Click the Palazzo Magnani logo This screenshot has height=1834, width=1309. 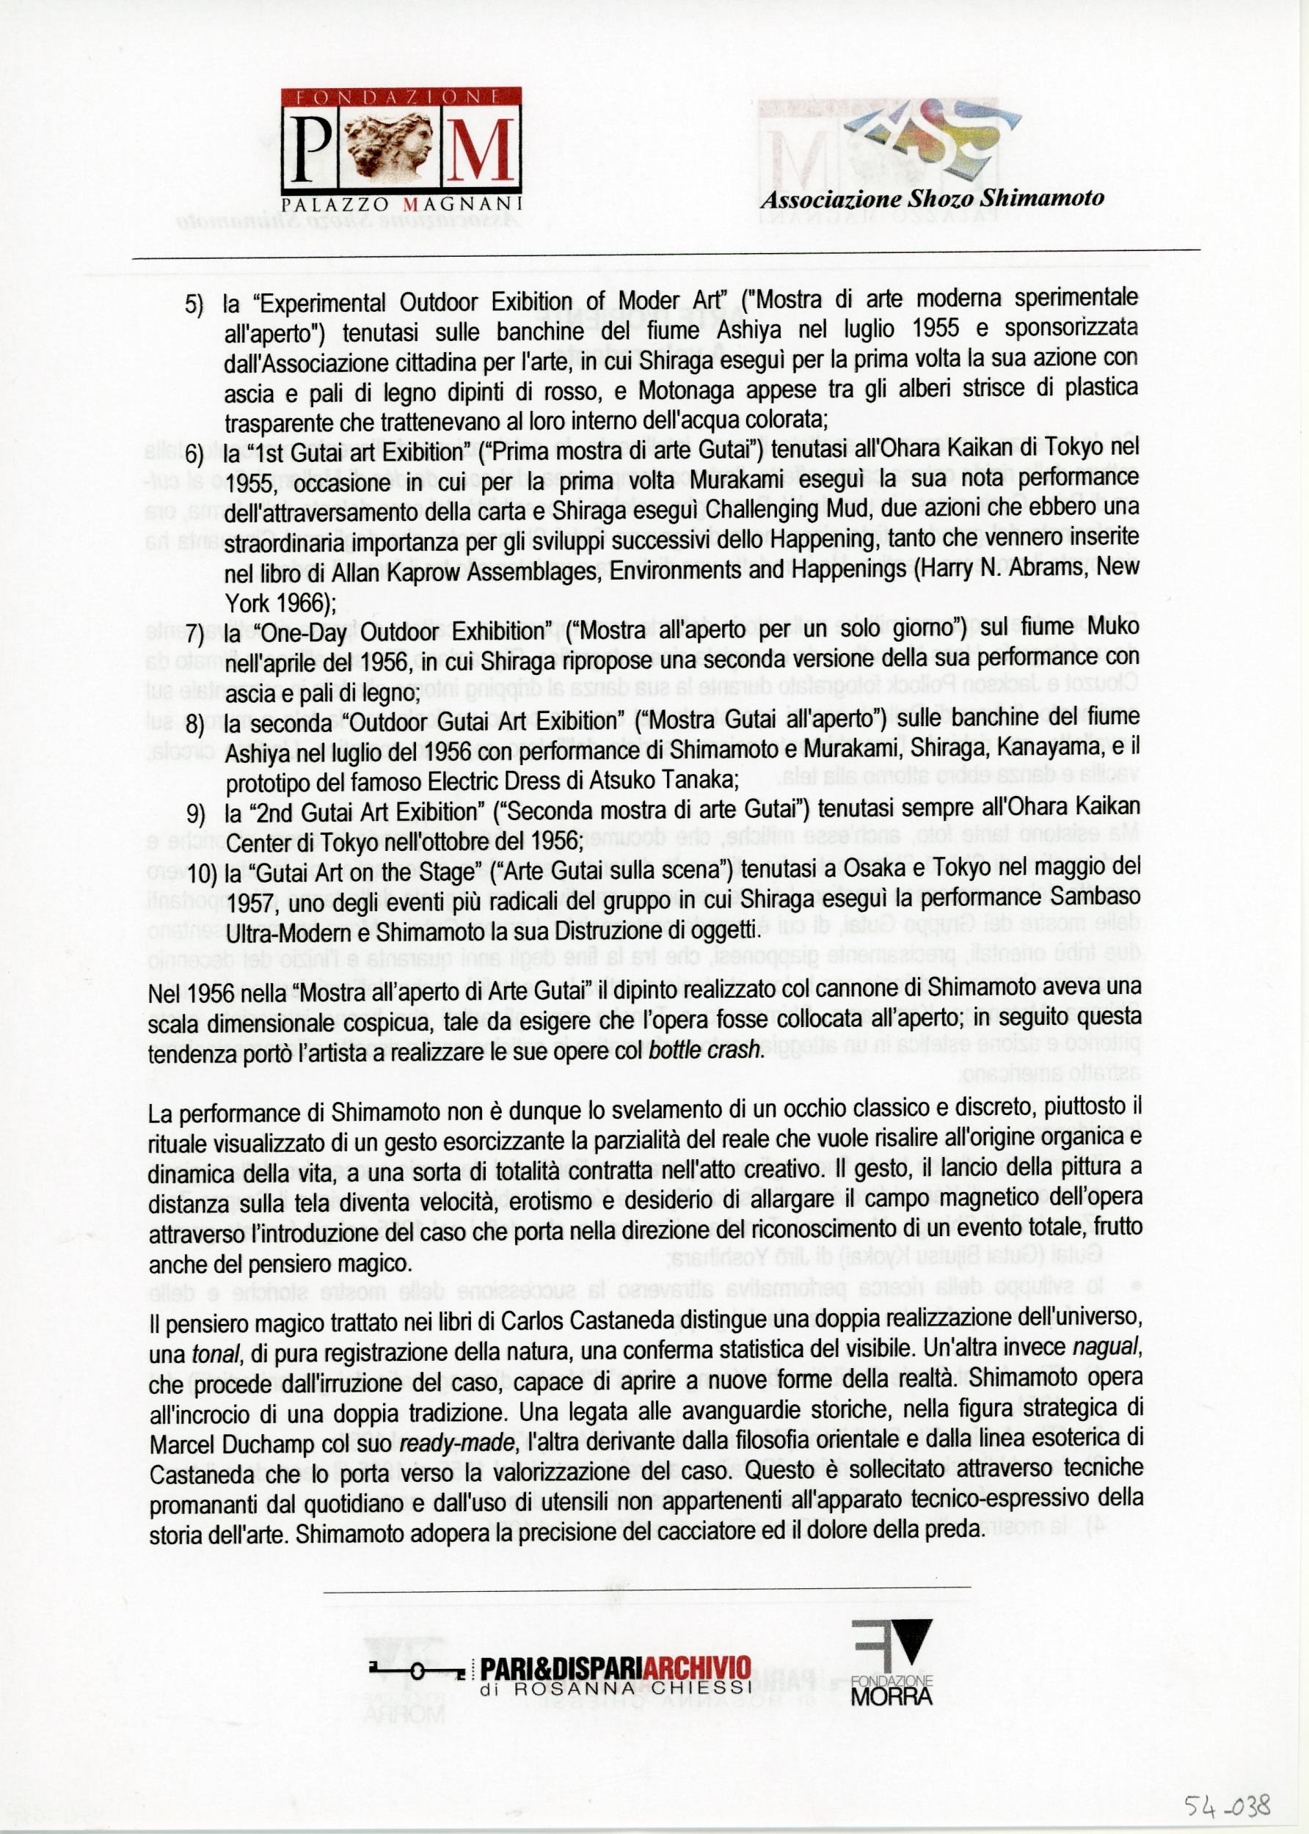click(401, 149)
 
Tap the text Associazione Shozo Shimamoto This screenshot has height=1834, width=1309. click(932, 199)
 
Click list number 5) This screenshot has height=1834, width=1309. click(194, 304)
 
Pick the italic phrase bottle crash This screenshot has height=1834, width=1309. click(704, 1051)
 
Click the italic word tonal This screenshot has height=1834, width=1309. click(215, 1353)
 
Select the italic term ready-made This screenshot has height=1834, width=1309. click(457, 1443)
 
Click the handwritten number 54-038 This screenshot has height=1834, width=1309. click(1227, 1783)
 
